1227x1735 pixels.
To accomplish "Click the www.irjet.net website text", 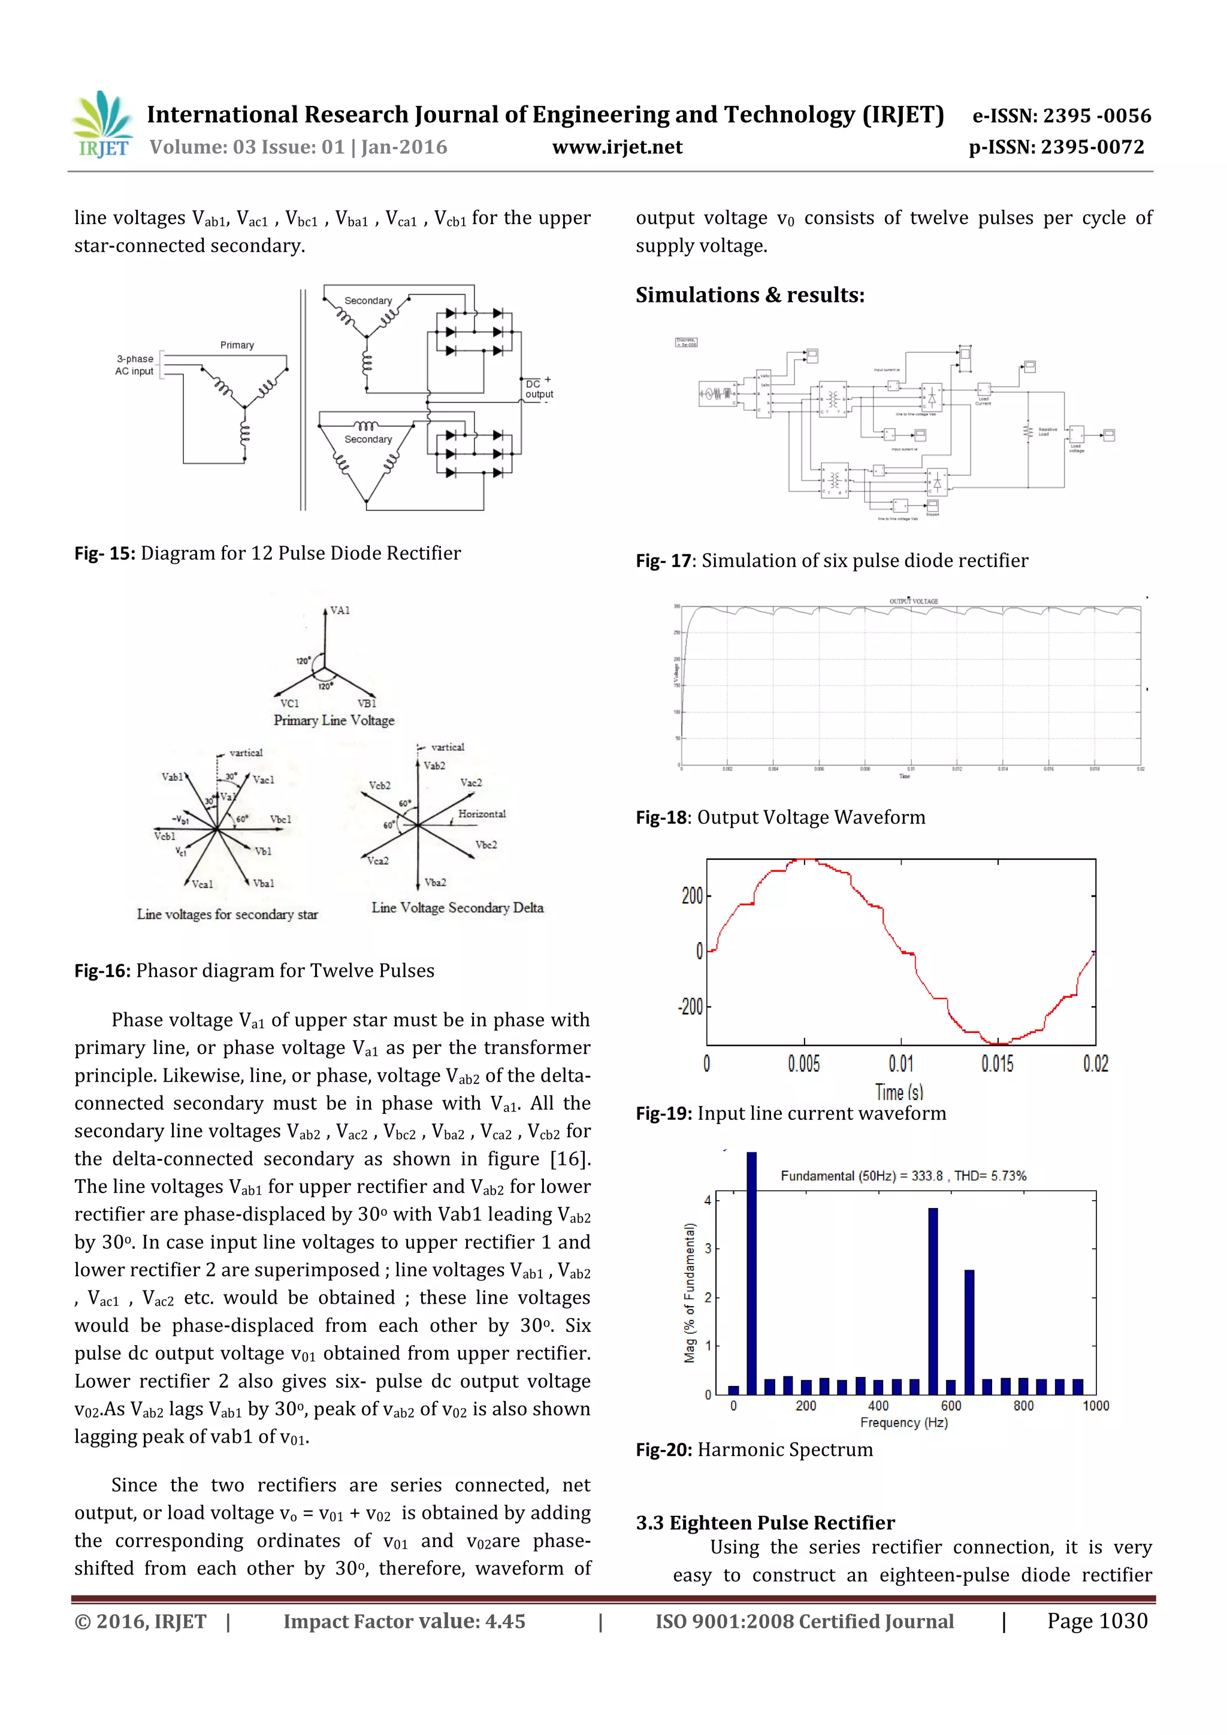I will (617, 147).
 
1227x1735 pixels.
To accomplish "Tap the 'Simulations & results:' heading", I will (750, 295).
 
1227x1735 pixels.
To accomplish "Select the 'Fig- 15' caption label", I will (104, 553).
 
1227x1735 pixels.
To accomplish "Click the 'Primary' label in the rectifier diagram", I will (237, 346).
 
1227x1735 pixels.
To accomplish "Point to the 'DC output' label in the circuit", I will (538, 389).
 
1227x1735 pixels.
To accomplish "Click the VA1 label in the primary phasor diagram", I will (340, 611).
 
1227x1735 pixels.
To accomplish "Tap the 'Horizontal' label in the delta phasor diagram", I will (482, 814).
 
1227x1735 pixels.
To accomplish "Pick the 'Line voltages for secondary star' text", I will (227, 915).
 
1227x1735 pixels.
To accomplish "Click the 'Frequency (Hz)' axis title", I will (903, 1423).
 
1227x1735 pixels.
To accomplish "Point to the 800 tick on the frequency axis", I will (1024, 1406).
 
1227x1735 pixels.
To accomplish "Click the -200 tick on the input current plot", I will (690, 1007).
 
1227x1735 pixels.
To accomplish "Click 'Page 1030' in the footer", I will (1096, 1621).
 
